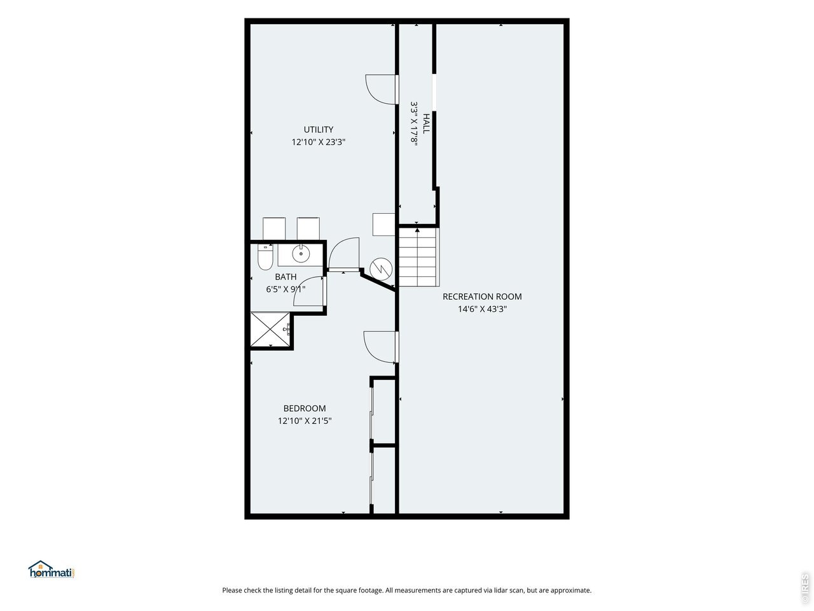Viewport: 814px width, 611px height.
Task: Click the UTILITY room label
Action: click(x=318, y=129)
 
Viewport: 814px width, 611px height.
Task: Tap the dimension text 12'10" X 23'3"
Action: click(x=318, y=142)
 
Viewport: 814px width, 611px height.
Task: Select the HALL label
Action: click(x=426, y=123)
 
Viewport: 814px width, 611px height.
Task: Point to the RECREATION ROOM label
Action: click(x=482, y=297)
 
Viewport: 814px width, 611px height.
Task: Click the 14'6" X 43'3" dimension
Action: click(x=482, y=309)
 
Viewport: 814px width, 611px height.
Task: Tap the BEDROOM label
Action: click(x=305, y=408)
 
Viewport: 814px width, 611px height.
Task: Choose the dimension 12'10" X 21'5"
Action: click(x=305, y=421)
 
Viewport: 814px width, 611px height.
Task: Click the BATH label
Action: click(x=286, y=277)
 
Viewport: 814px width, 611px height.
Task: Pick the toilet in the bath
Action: click(x=265, y=256)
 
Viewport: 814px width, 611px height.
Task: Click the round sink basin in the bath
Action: click(x=300, y=254)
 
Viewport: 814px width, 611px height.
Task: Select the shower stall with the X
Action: click(x=270, y=330)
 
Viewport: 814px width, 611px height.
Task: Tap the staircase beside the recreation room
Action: click(x=418, y=257)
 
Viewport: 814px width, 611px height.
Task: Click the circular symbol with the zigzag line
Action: click(x=381, y=269)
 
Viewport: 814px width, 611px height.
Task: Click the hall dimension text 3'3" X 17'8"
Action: click(x=414, y=123)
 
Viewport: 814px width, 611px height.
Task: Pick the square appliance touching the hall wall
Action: click(x=383, y=225)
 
